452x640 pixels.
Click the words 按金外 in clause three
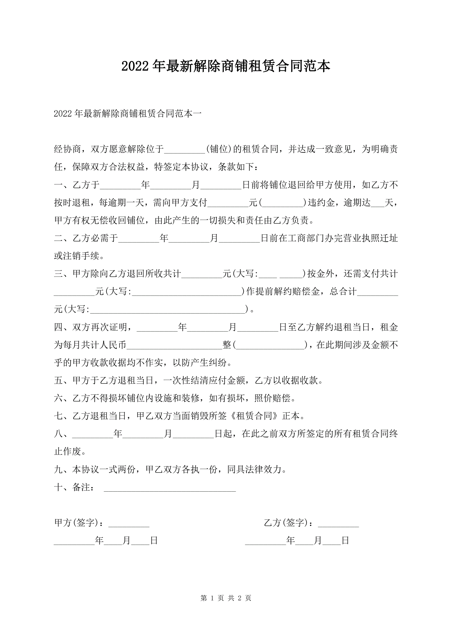tap(321, 274)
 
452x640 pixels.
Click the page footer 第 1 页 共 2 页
tap(226, 598)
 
